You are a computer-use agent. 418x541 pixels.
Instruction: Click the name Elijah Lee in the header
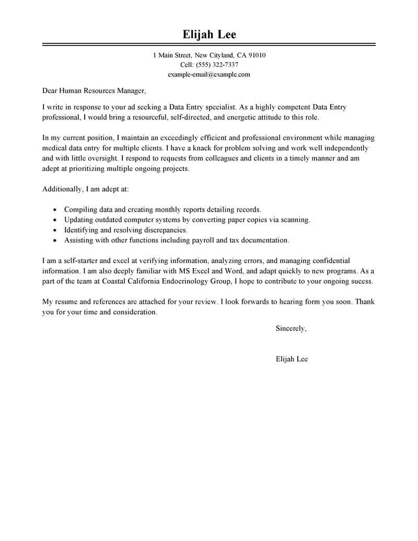(x=209, y=35)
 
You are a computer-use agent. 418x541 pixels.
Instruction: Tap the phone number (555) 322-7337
(x=217, y=65)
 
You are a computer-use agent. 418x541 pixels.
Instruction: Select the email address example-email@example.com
(x=209, y=74)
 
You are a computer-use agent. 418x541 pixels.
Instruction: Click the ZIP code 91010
(x=256, y=55)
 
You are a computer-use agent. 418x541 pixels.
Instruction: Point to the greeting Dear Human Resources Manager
(x=93, y=90)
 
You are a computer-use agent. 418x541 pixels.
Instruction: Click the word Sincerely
(x=291, y=329)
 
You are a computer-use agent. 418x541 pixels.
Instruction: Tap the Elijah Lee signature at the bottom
(x=291, y=359)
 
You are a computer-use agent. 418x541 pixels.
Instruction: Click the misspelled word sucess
(x=362, y=281)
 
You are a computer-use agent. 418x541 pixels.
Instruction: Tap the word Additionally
(x=62, y=189)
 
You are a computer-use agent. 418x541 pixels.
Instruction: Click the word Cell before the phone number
(x=187, y=65)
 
